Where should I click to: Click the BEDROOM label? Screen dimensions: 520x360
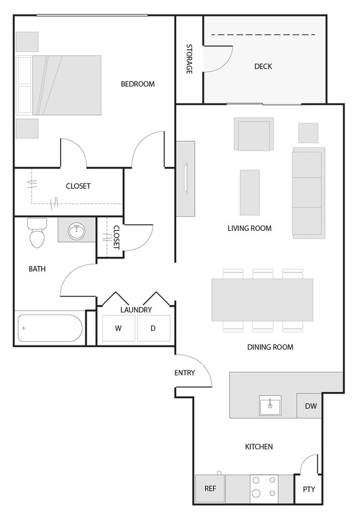click(x=137, y=84)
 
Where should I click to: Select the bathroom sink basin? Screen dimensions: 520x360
click(x=76, y=231)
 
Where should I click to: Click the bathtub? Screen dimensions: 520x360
click(x=50, y=328)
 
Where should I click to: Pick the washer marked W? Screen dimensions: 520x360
click(x=119, y=328)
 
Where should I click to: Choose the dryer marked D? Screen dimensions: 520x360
click(x=153, y=328)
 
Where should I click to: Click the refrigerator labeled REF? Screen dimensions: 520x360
click(x=210, y=488)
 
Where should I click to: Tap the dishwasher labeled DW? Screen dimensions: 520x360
click(x=311, y=406)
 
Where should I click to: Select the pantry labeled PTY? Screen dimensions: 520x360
click(x=308, y=490)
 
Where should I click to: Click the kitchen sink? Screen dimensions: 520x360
click(x=270, y=406)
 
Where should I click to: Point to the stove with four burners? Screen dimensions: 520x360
click(x=264, y=488)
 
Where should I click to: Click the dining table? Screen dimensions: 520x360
click(x=262, y=300)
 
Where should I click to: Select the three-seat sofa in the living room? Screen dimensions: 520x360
click(x=308, y=192)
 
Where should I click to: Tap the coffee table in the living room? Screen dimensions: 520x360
click(x=249, y=192)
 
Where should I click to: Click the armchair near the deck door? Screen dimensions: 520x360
click(x=254, y=134)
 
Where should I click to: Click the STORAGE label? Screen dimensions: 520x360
click(x=189, y=59)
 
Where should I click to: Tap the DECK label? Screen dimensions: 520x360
click(x=263, y=66)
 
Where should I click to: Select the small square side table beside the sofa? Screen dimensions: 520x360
click(x=308, y=133)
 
